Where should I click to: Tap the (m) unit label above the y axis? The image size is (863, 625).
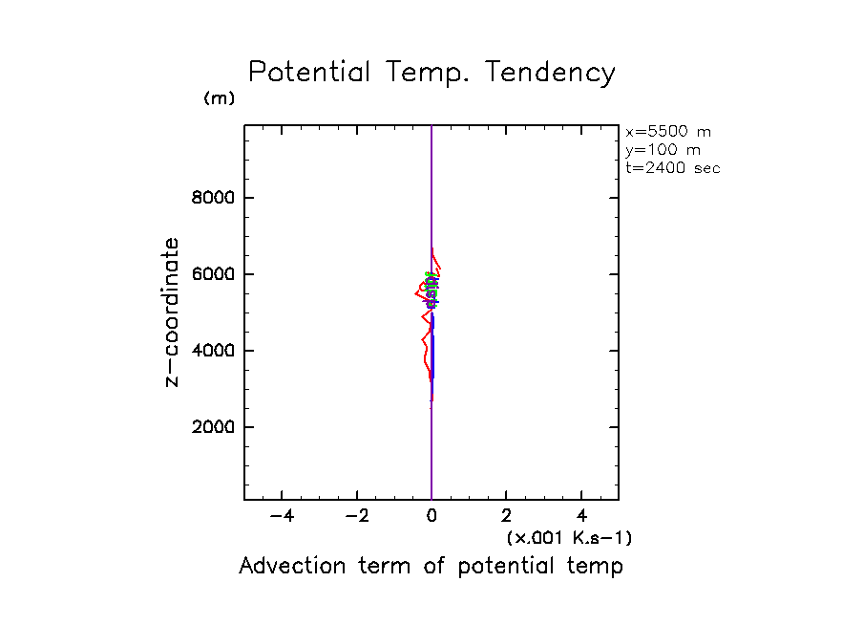pyautogui.click(x=219, y=98)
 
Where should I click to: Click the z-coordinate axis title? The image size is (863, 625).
pyautogui.click(x=173, y=312)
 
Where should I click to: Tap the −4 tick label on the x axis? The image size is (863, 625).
pyautogui.click(x=282, y=517)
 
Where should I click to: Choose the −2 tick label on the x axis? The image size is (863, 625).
pyautogui.click(x=356, y=517)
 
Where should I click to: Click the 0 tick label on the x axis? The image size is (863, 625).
pyautogui.click(x=432, y=517)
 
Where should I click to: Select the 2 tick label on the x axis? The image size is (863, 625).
pyautogui.click(x=507, y=517)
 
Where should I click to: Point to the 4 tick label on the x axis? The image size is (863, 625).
pyautogui.click(x=581, y=517)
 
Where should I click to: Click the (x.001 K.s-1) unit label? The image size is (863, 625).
pyautogui.click(x=569, y=538)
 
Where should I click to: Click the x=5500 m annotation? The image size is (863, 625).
pyautogui.click(x=668, y=132)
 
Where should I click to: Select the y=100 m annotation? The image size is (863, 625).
pyautogui.click(x=662, y=150)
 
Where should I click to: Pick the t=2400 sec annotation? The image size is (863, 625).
pyautogui.click(x=673, y=168)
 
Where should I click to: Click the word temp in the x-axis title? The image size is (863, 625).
pyautogui.click(x=599, y=566)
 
